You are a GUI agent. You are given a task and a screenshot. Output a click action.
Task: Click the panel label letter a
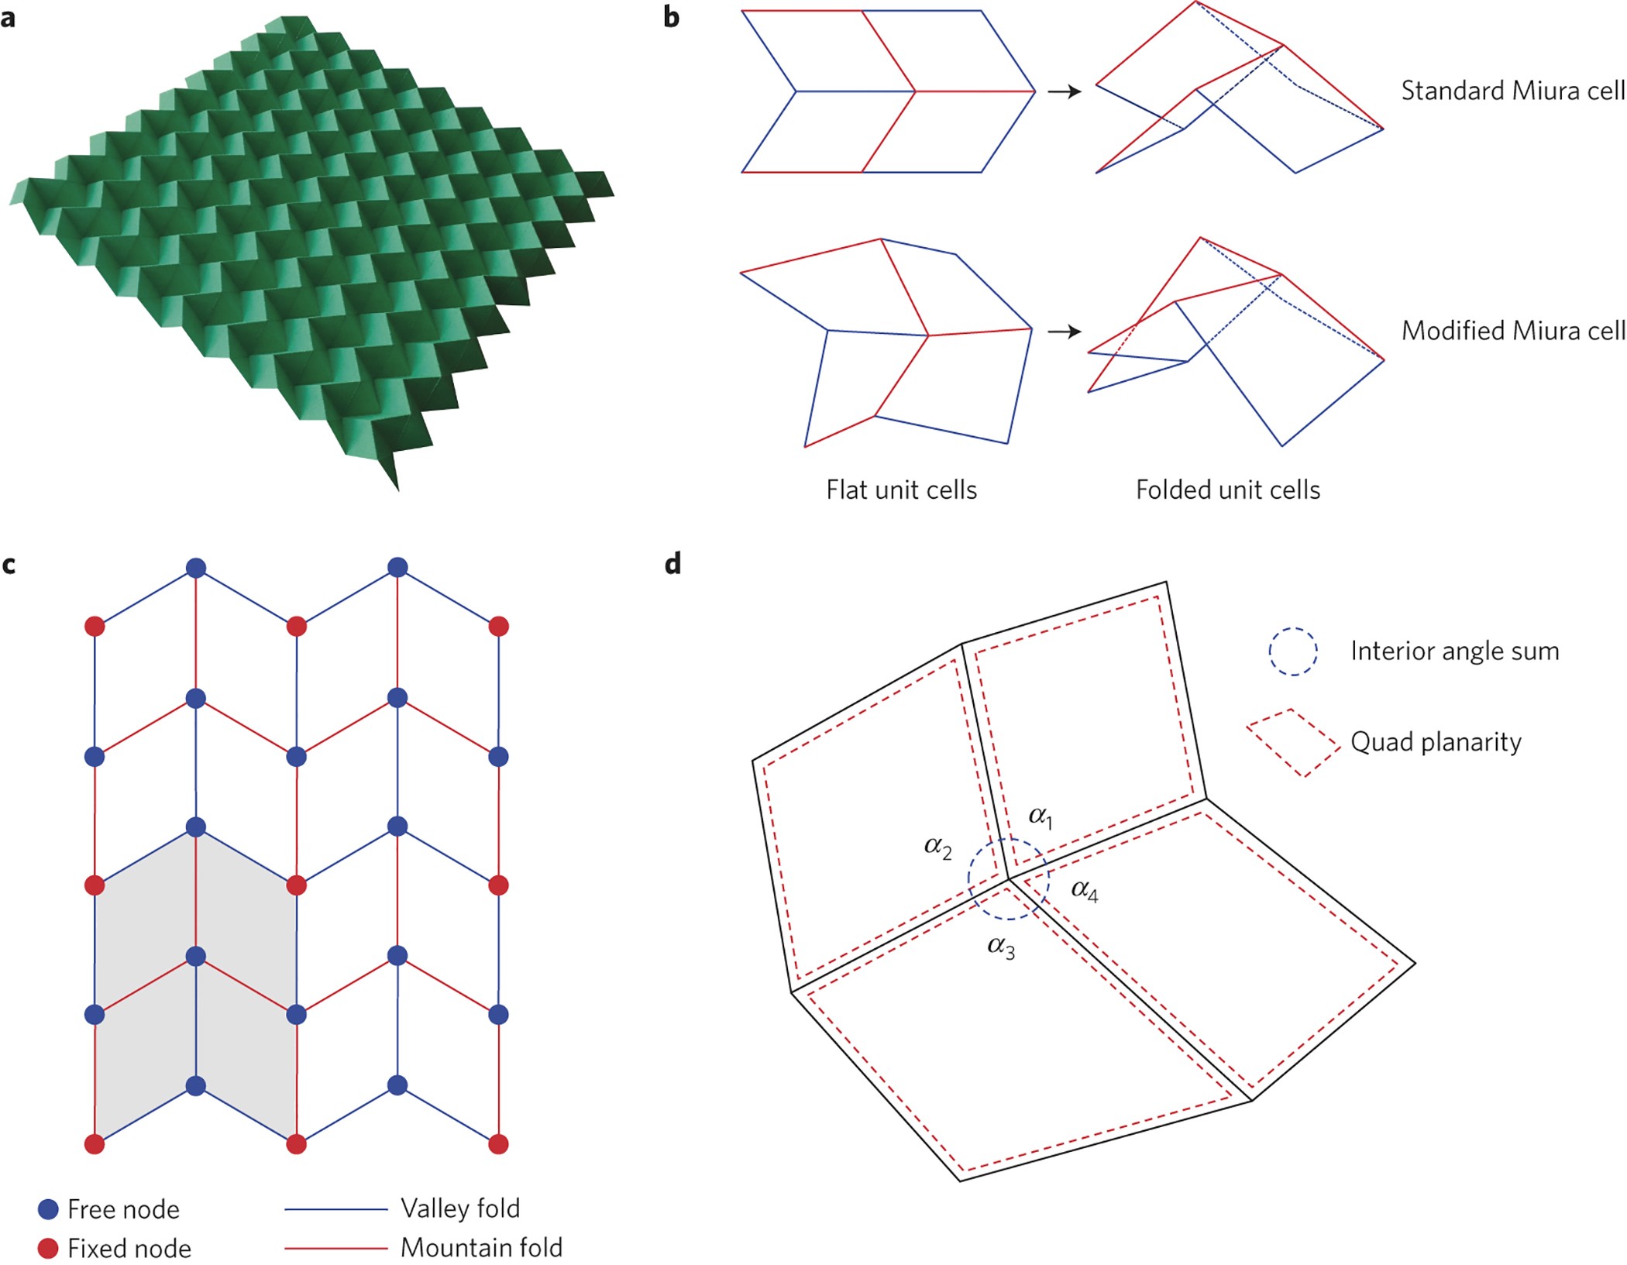(9, 18)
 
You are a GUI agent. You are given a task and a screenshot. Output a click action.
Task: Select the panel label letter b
(672, 18)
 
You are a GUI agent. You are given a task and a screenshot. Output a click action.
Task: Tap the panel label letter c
(9, 565)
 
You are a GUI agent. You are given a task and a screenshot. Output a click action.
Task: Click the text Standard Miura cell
(1512, 91)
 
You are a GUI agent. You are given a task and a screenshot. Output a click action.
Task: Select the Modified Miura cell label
(1512, 332)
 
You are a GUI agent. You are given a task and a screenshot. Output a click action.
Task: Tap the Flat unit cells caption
(901, 490)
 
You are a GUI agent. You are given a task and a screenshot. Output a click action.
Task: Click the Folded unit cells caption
(1228, 490)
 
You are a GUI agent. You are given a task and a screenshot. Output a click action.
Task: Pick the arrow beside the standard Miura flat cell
(1065, 92)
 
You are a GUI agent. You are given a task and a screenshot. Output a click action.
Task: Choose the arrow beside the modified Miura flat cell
(1065, 332)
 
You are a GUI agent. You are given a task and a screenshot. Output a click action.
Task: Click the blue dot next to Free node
(48, 1209)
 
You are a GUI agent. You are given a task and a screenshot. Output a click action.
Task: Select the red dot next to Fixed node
(48, 1248)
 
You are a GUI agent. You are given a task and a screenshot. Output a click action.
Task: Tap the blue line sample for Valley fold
(335, 1209)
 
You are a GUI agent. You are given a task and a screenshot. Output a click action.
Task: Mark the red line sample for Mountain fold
(335, 1248)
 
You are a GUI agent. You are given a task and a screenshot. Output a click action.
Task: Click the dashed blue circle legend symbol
(1292, 651)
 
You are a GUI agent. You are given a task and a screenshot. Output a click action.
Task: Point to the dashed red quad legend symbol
(1292, 743)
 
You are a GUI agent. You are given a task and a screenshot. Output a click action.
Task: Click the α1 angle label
(1041, 816)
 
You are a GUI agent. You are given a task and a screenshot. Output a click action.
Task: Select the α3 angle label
(1001, 947)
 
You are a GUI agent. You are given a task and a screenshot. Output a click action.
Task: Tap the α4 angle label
(1084, 891)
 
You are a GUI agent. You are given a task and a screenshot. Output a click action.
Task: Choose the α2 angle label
(937, 847)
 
